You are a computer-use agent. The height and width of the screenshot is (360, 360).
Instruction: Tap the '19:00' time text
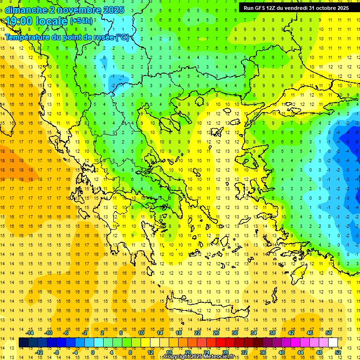19,21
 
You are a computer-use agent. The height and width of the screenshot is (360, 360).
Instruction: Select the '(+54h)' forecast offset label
81,21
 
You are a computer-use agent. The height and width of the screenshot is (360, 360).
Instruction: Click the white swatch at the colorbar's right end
333,343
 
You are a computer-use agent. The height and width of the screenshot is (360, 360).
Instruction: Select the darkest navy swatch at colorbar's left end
24,343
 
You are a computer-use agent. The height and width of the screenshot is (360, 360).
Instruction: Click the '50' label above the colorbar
328,333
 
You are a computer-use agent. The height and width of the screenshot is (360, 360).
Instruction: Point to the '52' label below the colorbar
337,352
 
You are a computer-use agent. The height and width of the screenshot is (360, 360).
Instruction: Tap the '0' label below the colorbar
93,352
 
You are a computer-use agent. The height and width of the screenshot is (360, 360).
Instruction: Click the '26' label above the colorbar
216,333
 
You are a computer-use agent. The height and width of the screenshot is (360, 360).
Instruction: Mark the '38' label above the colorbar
272,333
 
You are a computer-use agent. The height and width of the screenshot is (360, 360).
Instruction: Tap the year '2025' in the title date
113,10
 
